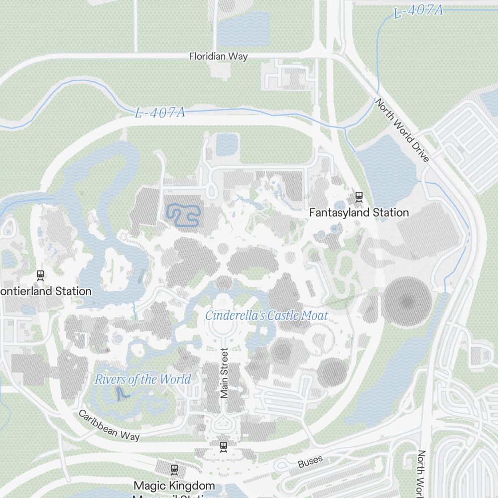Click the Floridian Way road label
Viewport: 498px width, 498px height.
coord(218,56)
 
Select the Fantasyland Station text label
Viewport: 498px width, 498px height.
coord(359,213)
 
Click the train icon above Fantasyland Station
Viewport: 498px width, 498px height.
coord(359,197)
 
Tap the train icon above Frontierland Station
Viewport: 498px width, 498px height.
coord(40,275)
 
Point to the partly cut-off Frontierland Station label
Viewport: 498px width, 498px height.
coord(46,291)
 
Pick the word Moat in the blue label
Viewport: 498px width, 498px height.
coord(314,315)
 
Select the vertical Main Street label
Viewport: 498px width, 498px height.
coord(224,373)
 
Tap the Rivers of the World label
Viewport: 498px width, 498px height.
coord(142,379)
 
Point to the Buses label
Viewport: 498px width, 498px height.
coord(310,462)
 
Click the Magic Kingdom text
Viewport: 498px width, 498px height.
coord(174,485)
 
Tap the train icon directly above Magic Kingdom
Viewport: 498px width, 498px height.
coord(174,469)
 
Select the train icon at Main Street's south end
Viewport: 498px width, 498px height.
coord(224,446)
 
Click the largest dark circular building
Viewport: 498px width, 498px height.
coord(407,302)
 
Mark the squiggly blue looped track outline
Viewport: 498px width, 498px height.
coord(183,215)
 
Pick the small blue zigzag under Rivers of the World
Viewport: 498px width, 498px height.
coord(122,395)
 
